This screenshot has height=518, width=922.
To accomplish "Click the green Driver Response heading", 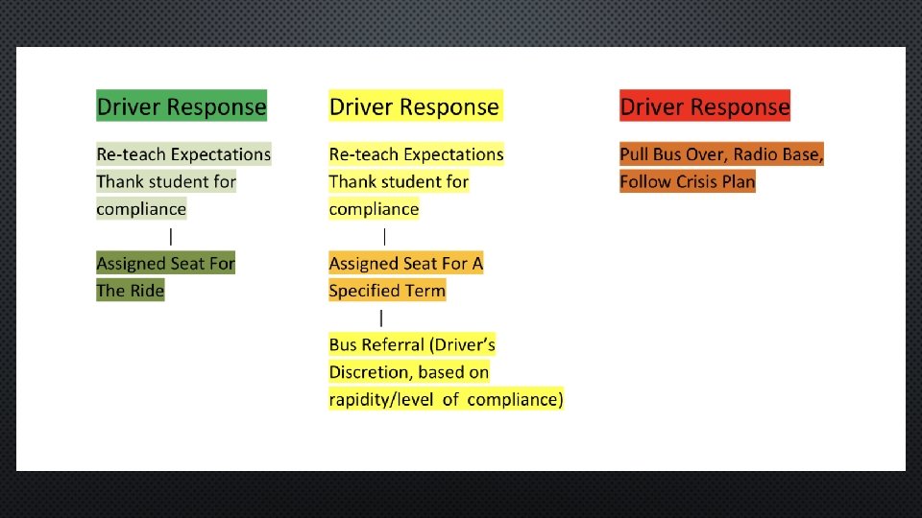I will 182,106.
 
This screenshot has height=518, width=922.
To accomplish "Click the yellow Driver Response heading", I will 414,106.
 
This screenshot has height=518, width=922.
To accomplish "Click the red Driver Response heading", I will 705,106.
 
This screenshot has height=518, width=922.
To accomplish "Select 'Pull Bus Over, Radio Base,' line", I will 721,154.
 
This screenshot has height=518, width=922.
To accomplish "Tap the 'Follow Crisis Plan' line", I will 688,181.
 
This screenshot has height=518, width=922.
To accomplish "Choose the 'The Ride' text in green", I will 131,291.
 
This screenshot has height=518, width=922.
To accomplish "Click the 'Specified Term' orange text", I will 387,291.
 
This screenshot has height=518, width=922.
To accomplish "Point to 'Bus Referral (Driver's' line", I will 412,344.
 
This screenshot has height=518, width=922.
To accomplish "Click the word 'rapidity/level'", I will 381,399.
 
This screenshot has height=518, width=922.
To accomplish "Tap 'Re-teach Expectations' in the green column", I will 183,154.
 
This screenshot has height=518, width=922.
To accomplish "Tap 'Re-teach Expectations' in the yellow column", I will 416,154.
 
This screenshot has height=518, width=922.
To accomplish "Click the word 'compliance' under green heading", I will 141,209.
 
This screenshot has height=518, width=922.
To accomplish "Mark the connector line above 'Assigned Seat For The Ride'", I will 171,236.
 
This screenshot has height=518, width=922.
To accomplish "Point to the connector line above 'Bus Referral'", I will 382,318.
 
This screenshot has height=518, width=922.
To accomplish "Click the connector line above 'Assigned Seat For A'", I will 385,236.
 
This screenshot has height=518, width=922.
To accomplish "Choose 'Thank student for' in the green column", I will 166,181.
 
